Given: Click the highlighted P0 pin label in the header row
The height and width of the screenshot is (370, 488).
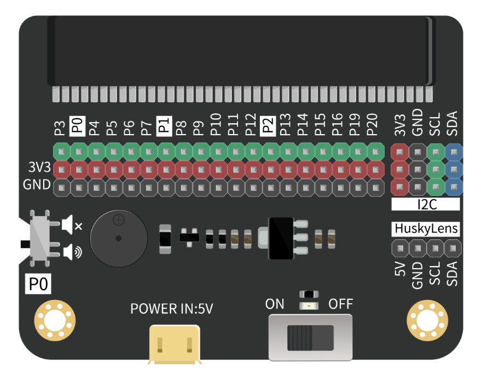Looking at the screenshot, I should (77, 126).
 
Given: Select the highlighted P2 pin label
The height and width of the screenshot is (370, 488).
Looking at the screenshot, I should (268, 126).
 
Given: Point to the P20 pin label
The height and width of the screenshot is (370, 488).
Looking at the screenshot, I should (373, 125).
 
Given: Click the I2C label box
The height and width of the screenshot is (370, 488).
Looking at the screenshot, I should (426, 205).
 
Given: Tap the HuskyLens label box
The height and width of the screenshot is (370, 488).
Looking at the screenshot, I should (426, 229).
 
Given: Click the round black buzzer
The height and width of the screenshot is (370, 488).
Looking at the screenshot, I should (118, 239).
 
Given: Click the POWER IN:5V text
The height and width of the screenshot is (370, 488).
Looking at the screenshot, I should (172, 309).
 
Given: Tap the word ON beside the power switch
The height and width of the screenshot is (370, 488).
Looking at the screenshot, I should (275, 304).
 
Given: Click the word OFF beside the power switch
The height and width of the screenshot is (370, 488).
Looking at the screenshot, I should (340, 304).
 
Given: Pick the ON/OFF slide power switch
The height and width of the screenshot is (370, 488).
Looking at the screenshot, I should (310, 337).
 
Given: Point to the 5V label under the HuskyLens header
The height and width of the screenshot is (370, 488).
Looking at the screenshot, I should (400, 273).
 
